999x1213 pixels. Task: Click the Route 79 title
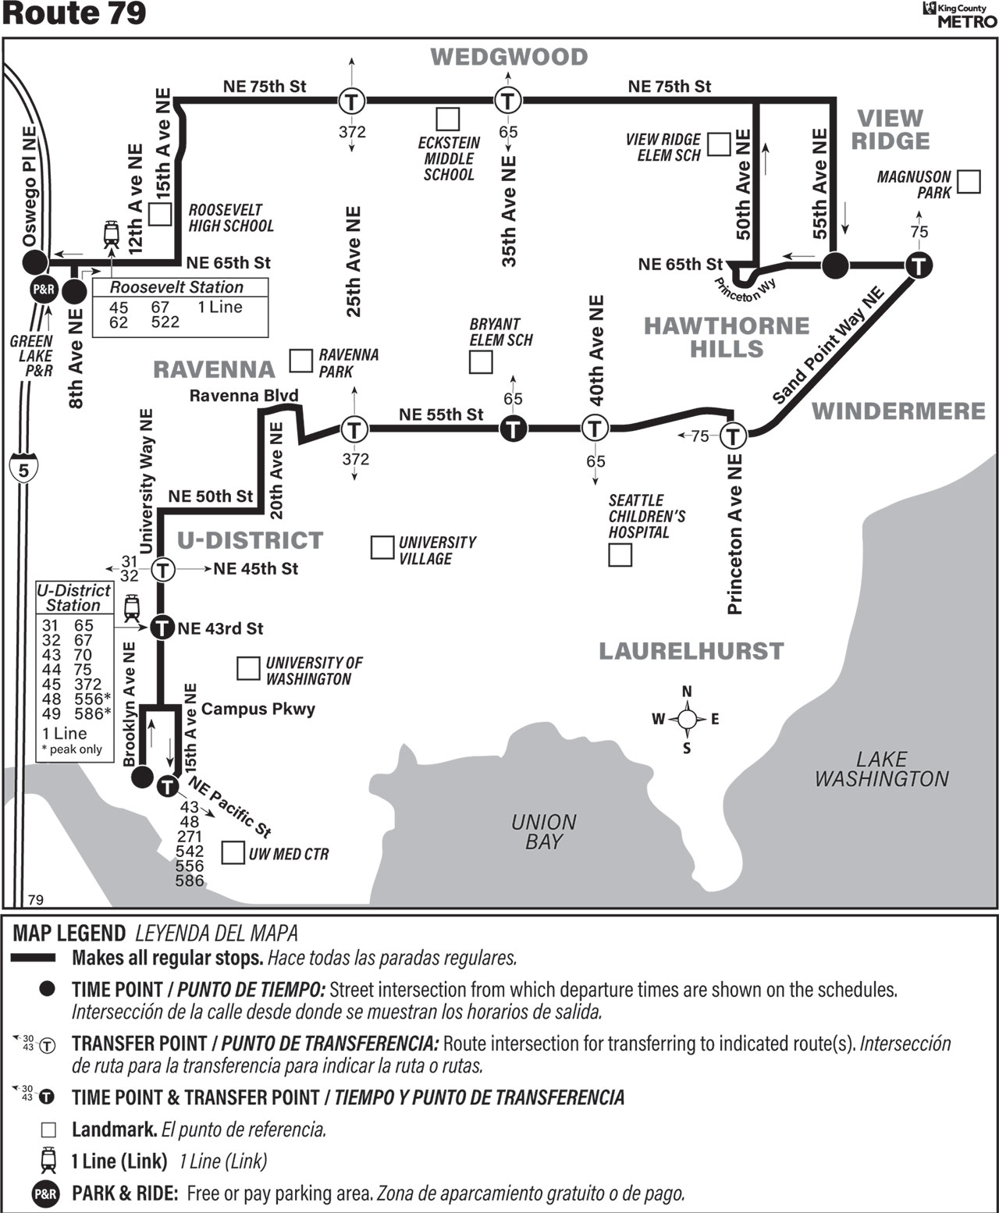[x=74, y=14]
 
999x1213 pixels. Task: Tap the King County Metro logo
[x=959, y=15]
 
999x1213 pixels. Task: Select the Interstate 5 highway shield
[x=23, y=469]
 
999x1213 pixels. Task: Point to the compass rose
[x=687, y=719]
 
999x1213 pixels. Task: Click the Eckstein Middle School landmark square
[x=448, y=119]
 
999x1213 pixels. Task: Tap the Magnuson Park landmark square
[x=969, y=181]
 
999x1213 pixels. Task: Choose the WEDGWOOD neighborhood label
[x=509, y=57]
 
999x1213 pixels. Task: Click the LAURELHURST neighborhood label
[x=691, y=651]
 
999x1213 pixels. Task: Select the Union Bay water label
[x=544, y=831]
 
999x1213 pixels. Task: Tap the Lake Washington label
[x=882, y=769]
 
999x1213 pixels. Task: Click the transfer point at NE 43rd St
[x=162, y=628]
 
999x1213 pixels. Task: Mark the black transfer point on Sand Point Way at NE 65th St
[x=919, y=265]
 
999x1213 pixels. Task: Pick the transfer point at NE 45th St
[x=163, y=569]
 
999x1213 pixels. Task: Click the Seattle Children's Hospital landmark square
[x=620, y=555]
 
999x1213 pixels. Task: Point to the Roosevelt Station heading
[x=176, y=287]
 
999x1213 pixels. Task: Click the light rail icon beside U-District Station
[x=132, y=608]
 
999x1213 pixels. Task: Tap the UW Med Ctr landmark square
[x=233, y=853]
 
